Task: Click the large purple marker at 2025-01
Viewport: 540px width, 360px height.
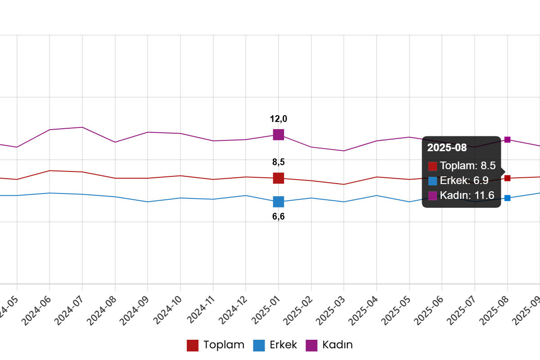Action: click(x=279, y=135)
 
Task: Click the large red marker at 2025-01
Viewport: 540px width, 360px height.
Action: click(x=279, y=178)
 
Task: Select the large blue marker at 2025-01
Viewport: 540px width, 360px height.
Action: click(x=279, y=202)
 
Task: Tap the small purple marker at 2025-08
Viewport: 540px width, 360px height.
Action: click(x=507, y=139)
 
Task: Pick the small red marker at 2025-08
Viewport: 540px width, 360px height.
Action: click(x=507, y=178)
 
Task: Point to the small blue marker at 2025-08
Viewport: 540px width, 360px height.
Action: click(x=507, y=198)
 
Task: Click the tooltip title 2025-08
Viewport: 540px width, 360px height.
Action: click(x=447, y=148)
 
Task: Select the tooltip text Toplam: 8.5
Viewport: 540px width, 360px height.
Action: click(x=468, y=166)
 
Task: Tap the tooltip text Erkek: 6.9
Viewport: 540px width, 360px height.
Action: click(x=464, y=180)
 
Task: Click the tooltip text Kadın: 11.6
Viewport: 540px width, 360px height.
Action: click(x=467, y=195)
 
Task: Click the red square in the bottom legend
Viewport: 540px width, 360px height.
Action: click(x=193, y=346)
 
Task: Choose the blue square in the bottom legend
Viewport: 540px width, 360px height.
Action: click(x=259, y=346)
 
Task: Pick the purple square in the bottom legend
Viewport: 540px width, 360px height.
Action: click(x=311, y=346)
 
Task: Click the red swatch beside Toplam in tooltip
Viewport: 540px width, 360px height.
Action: click(x=432, y=166)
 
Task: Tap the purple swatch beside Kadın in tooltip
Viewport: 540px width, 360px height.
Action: click(x=432, y=196)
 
